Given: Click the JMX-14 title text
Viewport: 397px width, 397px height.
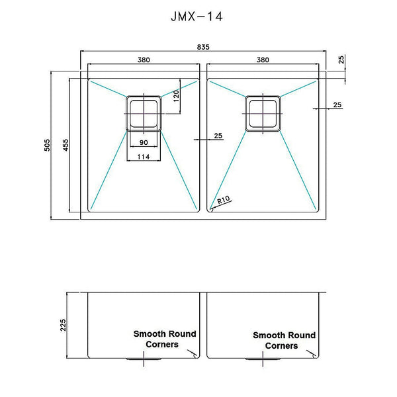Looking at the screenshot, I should (197, 17).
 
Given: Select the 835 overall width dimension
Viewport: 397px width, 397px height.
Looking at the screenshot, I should (202, 46).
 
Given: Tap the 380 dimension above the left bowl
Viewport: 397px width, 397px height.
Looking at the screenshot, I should (144, 60).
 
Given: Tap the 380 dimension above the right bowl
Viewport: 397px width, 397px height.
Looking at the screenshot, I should (263, 60).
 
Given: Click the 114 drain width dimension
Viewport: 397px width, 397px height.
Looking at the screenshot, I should (144, 157).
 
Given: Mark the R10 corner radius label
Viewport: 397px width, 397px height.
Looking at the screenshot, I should (223, 199).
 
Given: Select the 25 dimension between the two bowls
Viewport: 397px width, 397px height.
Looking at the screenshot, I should (218, 136).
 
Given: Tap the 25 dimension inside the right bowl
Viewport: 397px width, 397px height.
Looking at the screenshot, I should (337, 105).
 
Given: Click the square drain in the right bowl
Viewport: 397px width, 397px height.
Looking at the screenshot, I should (263, 112).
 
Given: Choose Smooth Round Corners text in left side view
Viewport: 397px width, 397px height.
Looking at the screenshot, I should (165, 339).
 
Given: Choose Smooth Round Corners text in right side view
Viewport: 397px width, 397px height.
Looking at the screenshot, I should (284, 340).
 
